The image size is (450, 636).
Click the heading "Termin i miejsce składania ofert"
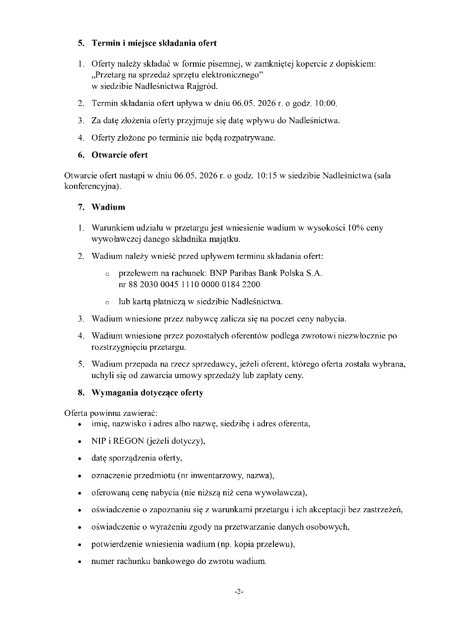pyautogui.click(x=154, y=43)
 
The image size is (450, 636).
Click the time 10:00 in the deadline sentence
pyautogui.click(x=327, y=104)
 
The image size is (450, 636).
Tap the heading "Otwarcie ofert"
pyautogui.click(x=119, y=155)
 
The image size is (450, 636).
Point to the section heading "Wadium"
pyautogui.click(x=108, y=207)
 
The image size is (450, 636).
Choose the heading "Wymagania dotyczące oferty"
pyautogui.click(x=147, y=393)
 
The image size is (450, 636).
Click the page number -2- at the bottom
pyautogui.click(x=239, y=592)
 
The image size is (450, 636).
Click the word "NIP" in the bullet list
pyautogui.click(x=98, y=441)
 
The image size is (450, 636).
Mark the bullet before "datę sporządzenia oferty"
pyautogui.click(x=80, y=459)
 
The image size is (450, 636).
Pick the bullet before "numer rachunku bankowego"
pyautogui.click(x=80, y=562)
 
